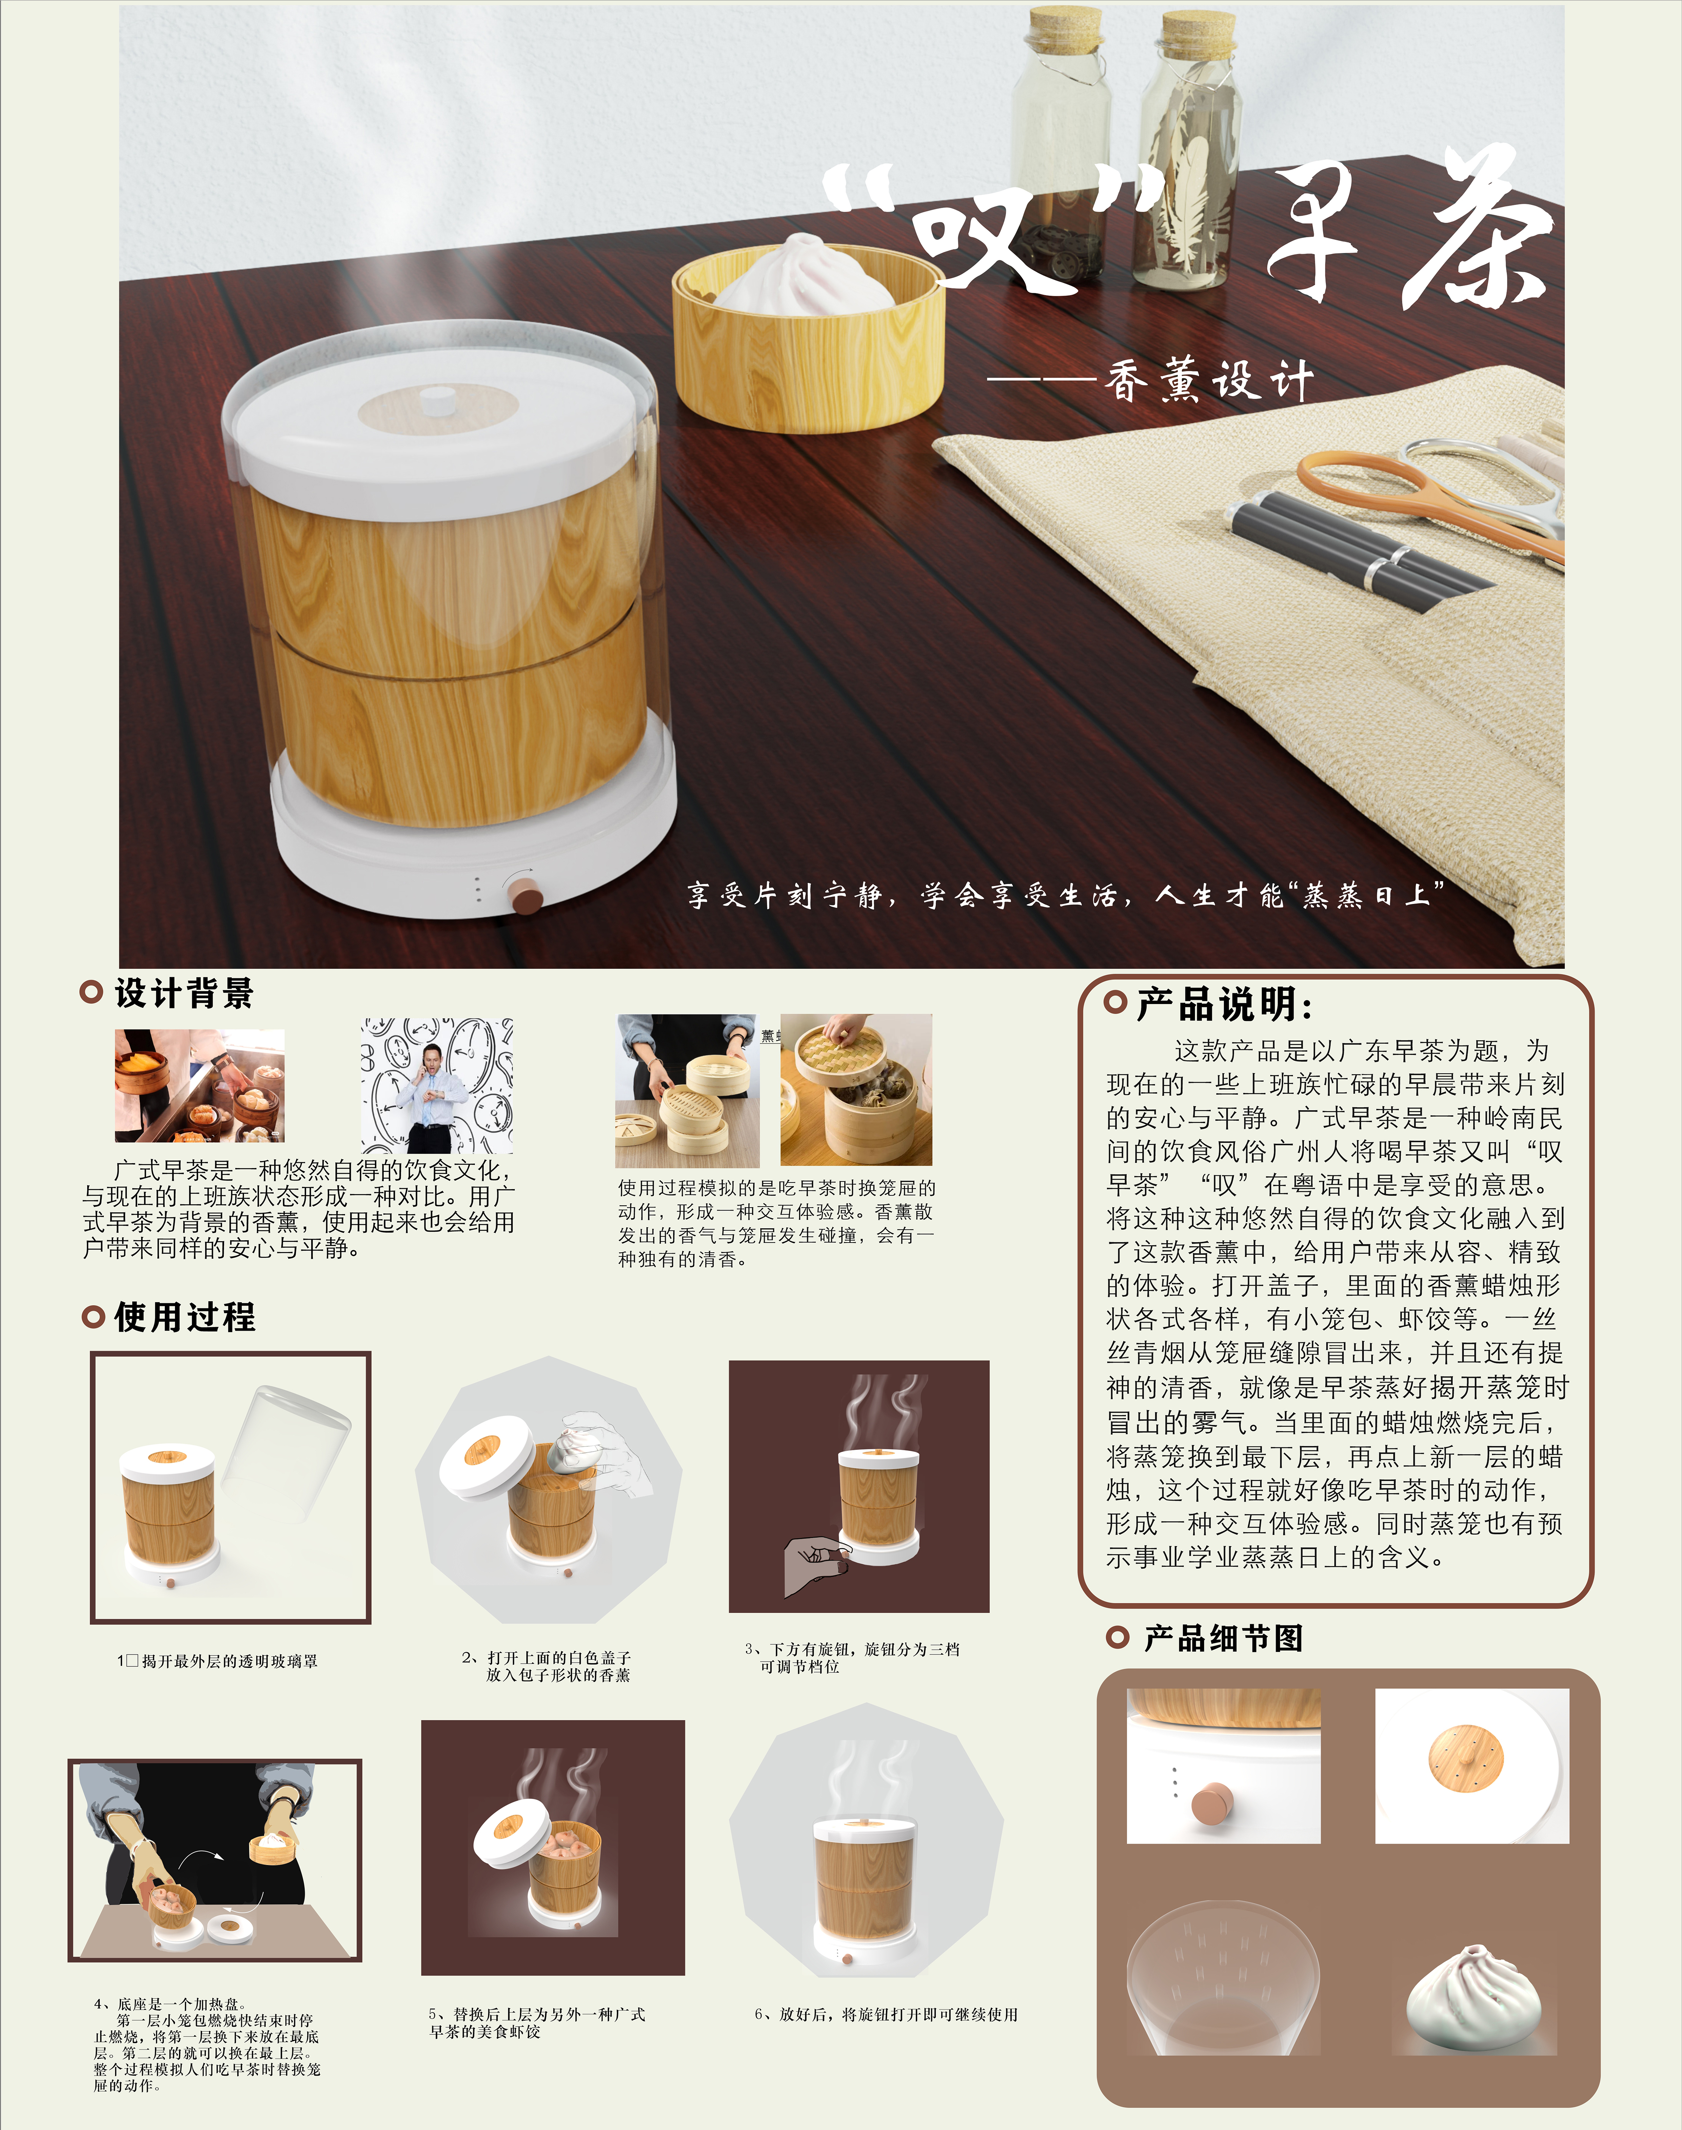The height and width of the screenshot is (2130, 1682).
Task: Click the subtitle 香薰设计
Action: pos(1209,380)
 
